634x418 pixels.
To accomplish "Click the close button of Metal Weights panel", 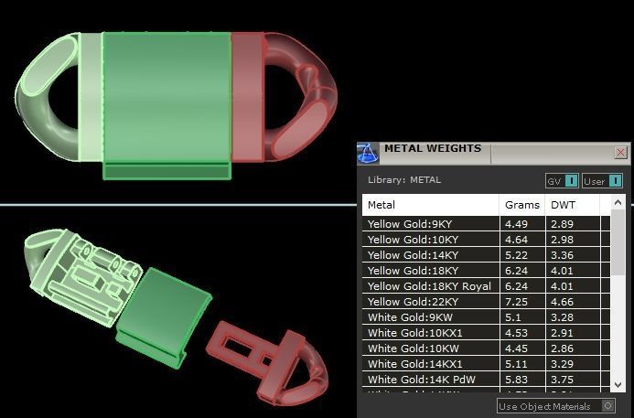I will click(621, 153).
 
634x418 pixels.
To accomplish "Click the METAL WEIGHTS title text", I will click(432, 149).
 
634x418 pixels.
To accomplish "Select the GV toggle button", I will click(562, 181).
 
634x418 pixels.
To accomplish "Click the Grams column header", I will click(521, 205).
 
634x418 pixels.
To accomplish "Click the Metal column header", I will click(381, 205).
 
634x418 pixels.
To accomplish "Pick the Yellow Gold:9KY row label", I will click(410, 224).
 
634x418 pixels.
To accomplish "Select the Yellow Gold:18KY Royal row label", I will click(429, 286).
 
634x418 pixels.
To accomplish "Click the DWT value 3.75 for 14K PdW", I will click(563, 380).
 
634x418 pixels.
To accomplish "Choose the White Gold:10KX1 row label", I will click(416, 333).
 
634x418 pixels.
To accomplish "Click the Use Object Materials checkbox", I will click(607, 406).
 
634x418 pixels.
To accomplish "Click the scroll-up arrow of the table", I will click(618, 203).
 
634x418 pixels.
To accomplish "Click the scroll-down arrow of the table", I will click(618, 385).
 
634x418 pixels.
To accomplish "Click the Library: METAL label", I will click(403, 180).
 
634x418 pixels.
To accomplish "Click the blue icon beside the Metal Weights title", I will click(368, 152).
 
